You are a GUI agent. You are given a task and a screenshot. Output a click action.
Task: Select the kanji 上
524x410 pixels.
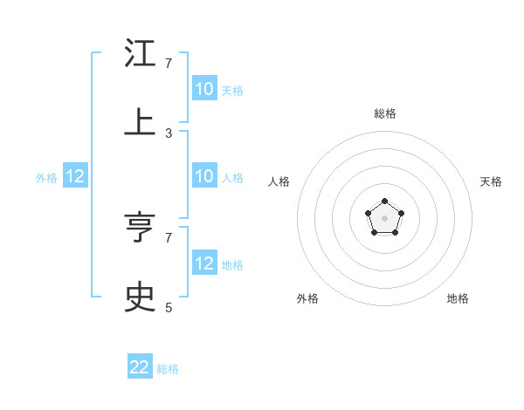pos(140,120)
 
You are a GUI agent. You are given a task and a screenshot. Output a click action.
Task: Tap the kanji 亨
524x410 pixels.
pos(140,228)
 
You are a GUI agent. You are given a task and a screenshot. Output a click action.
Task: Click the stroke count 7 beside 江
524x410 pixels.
pos(169,64)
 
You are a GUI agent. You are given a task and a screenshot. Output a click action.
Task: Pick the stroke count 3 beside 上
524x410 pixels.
pos(169,133)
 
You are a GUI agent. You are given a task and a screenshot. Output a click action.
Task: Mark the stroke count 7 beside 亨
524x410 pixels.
pos(169,237)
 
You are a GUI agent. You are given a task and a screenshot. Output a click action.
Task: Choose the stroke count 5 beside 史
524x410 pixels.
pos(169,307)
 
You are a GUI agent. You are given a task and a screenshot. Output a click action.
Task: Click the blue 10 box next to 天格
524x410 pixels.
pos(204,89)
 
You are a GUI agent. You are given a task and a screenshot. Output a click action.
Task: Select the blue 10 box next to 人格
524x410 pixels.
pos(204,176)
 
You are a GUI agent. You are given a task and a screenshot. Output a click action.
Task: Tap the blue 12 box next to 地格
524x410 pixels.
pos(204,263)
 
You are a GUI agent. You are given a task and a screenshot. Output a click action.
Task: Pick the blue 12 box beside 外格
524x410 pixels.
pos(75,176)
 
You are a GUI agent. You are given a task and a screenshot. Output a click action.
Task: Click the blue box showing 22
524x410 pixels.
pos(140,367)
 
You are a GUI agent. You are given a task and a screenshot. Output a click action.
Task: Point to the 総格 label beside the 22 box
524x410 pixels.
pos(168,369)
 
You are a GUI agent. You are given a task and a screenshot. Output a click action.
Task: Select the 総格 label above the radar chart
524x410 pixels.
pos(384,113)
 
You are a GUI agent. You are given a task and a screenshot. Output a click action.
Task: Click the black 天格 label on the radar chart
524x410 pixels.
pos(491,181)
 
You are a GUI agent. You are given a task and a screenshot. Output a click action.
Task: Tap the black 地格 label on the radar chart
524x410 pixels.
pos(458,298)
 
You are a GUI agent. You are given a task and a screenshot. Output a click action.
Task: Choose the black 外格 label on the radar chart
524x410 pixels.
pos(307,298)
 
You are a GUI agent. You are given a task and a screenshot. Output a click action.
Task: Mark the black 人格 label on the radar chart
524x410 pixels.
pos(279,181)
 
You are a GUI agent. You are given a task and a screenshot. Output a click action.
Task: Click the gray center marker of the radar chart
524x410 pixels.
pos(384,218)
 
